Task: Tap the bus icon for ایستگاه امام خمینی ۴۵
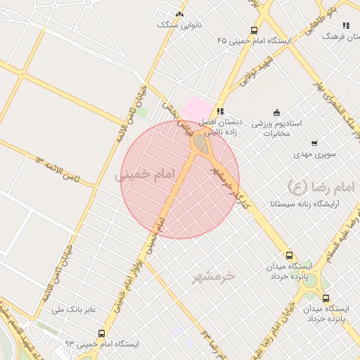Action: [x=254, y=30]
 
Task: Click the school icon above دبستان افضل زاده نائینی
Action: [x=220, y=111]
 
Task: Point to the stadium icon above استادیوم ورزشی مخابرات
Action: [x=276, y=112]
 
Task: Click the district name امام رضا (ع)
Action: [x=309, y=186]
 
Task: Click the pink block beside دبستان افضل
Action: [x=198, y=110]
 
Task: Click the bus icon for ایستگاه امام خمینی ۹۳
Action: [x=101, y=334]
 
